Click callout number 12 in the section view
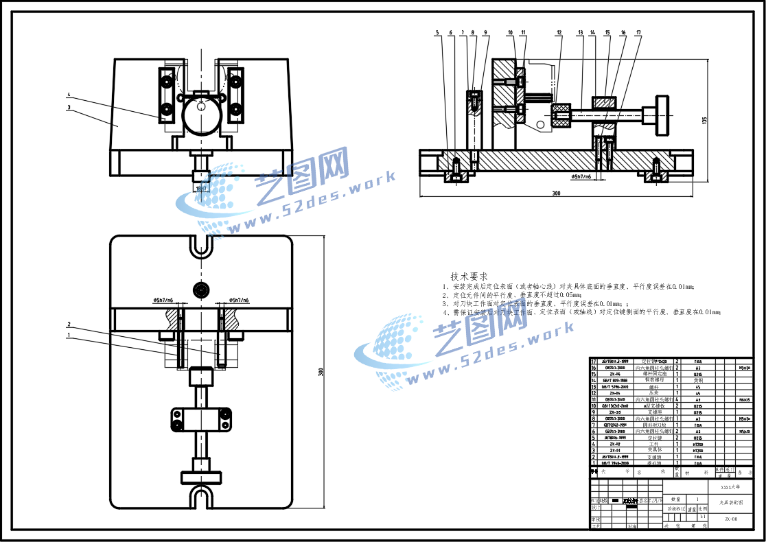[559, 32]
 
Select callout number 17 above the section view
[638, 32]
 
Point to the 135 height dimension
[705, 119]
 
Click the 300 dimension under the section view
[556, 193]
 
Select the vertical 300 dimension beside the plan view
[321, 372]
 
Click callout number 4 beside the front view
[69, 95]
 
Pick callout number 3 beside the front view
[69, 107]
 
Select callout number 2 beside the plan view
[69, 324]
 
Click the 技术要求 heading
[469, 276]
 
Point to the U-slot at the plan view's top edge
[201, 246]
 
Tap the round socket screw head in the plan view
[201, 290]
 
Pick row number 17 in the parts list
[594, 361]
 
